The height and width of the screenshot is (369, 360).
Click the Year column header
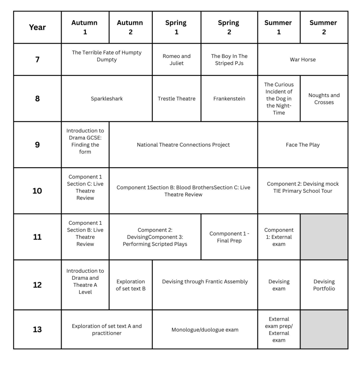37,27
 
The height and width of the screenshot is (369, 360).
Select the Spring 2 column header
229,27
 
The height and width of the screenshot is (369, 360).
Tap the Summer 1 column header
279,27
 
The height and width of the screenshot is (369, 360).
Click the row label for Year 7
37,59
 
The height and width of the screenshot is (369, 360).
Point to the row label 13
37,329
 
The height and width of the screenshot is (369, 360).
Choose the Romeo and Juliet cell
176,59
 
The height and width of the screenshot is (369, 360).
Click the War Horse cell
303,59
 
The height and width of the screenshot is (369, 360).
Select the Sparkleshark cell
107,99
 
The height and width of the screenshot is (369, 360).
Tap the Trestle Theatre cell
176,99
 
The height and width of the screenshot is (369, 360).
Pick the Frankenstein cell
229,99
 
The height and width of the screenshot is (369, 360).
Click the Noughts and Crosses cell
324,99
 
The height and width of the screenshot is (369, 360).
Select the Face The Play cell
303,145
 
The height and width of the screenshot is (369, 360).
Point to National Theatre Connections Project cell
183,145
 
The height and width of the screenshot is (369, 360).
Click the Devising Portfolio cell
324,285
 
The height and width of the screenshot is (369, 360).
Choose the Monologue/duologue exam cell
205,330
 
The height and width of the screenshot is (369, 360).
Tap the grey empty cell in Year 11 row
324,237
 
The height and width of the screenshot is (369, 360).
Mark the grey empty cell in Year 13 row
324,329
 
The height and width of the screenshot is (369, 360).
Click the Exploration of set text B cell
131,285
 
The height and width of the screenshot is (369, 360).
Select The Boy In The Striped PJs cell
229,59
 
